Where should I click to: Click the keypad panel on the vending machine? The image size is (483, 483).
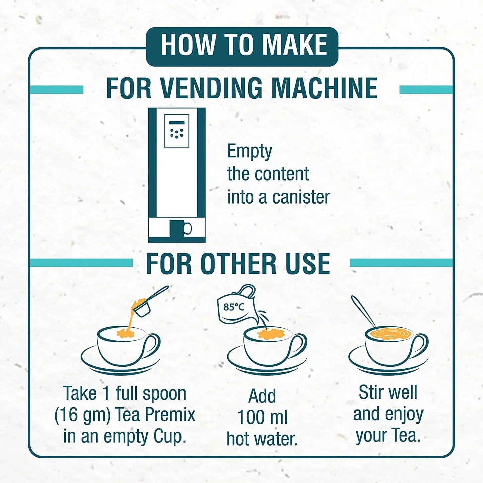tap(176, 131)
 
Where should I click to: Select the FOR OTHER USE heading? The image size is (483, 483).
tap(238, 264)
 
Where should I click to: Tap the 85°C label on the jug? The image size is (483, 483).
tap(234, 307)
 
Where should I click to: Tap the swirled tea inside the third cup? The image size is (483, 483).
tap(389, 333)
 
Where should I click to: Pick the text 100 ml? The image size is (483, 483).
tap(262, 417)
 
